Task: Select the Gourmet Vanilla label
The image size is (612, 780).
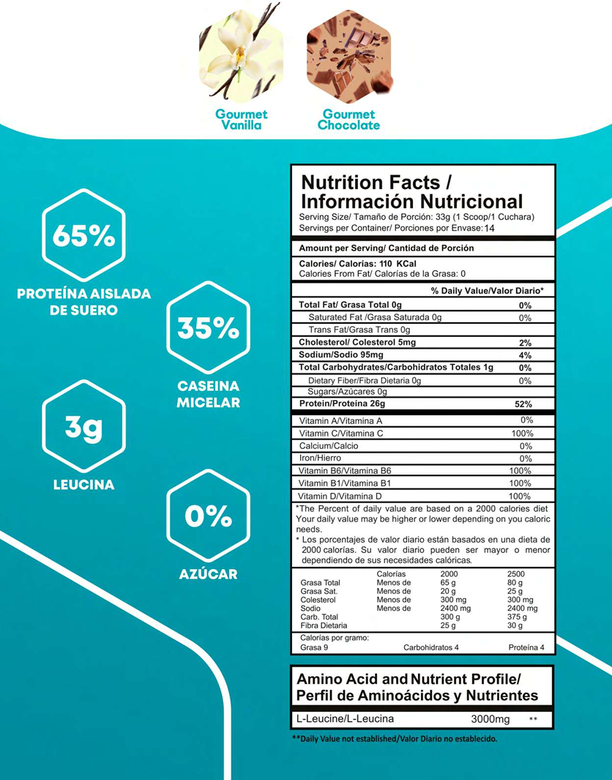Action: (241, 119)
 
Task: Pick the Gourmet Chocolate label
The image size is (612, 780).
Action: (348, 119)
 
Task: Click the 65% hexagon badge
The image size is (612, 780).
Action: (83, 236)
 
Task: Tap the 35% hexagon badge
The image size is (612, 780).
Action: (208, 327)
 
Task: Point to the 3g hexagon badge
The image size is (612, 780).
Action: (83, 426)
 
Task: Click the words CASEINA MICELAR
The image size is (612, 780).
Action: (208, 394)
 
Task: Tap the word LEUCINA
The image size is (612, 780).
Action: (83, 485)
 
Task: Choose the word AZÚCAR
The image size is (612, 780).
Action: (208, 574)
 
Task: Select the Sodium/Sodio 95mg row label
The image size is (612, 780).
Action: (339, 355)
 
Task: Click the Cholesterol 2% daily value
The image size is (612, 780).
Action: (524, 343)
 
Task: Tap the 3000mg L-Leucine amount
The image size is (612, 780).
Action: (490, 719)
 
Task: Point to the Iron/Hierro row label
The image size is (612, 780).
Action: (320, 458)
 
